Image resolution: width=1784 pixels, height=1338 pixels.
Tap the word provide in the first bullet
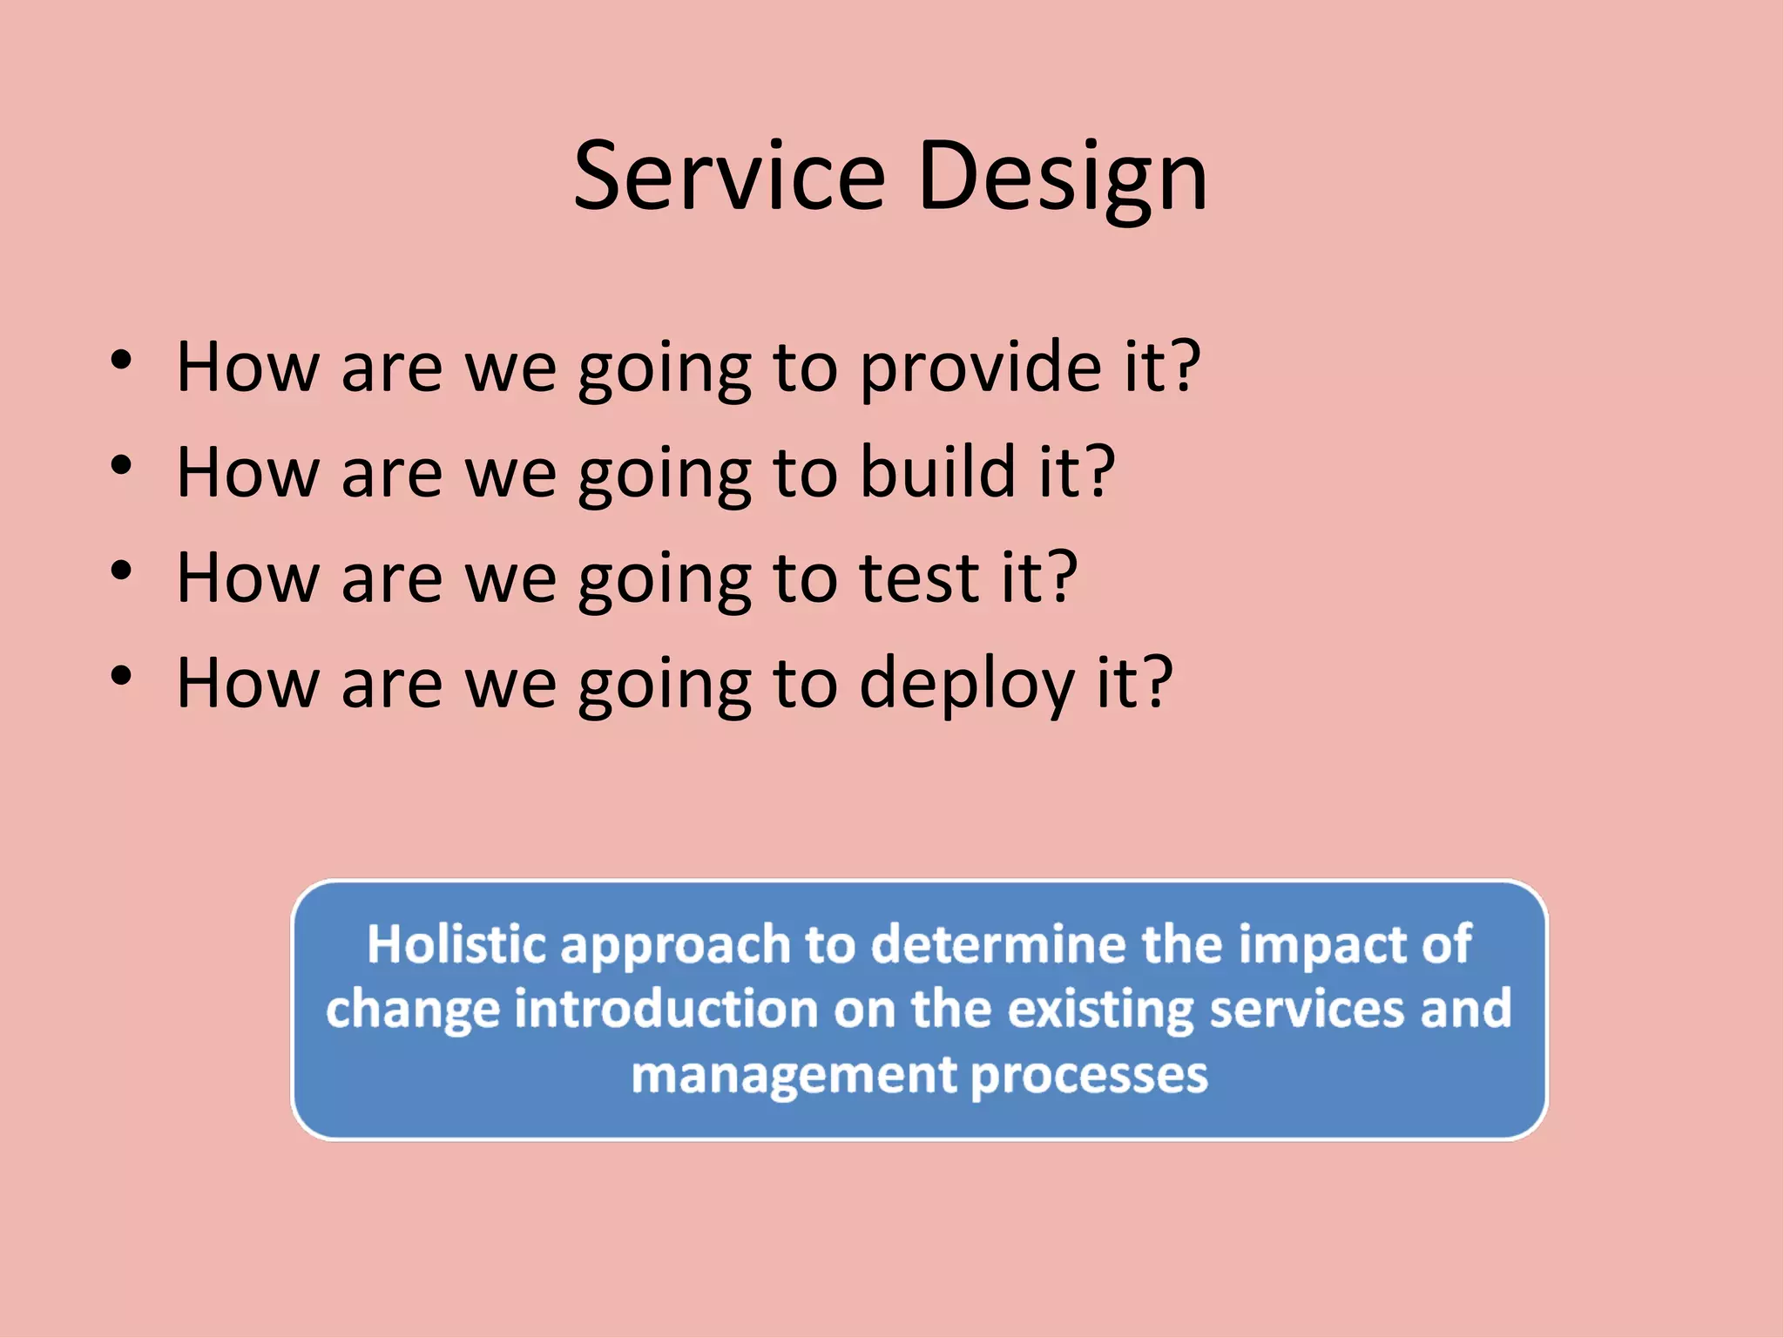pyautogui.click(x=981, y=368)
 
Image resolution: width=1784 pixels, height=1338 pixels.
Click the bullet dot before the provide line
pyautogui.click(x=121, y=361)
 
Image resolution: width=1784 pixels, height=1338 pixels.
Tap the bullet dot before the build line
pyautogui.click(x=121, y=466)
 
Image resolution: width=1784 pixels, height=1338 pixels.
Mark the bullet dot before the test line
pyautogui.click(x=121, y=571)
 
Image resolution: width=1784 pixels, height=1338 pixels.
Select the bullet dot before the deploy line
pyautogui.click(x=121, y=677)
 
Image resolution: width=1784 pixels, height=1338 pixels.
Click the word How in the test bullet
pyautogui.click(x=247, y=578)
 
